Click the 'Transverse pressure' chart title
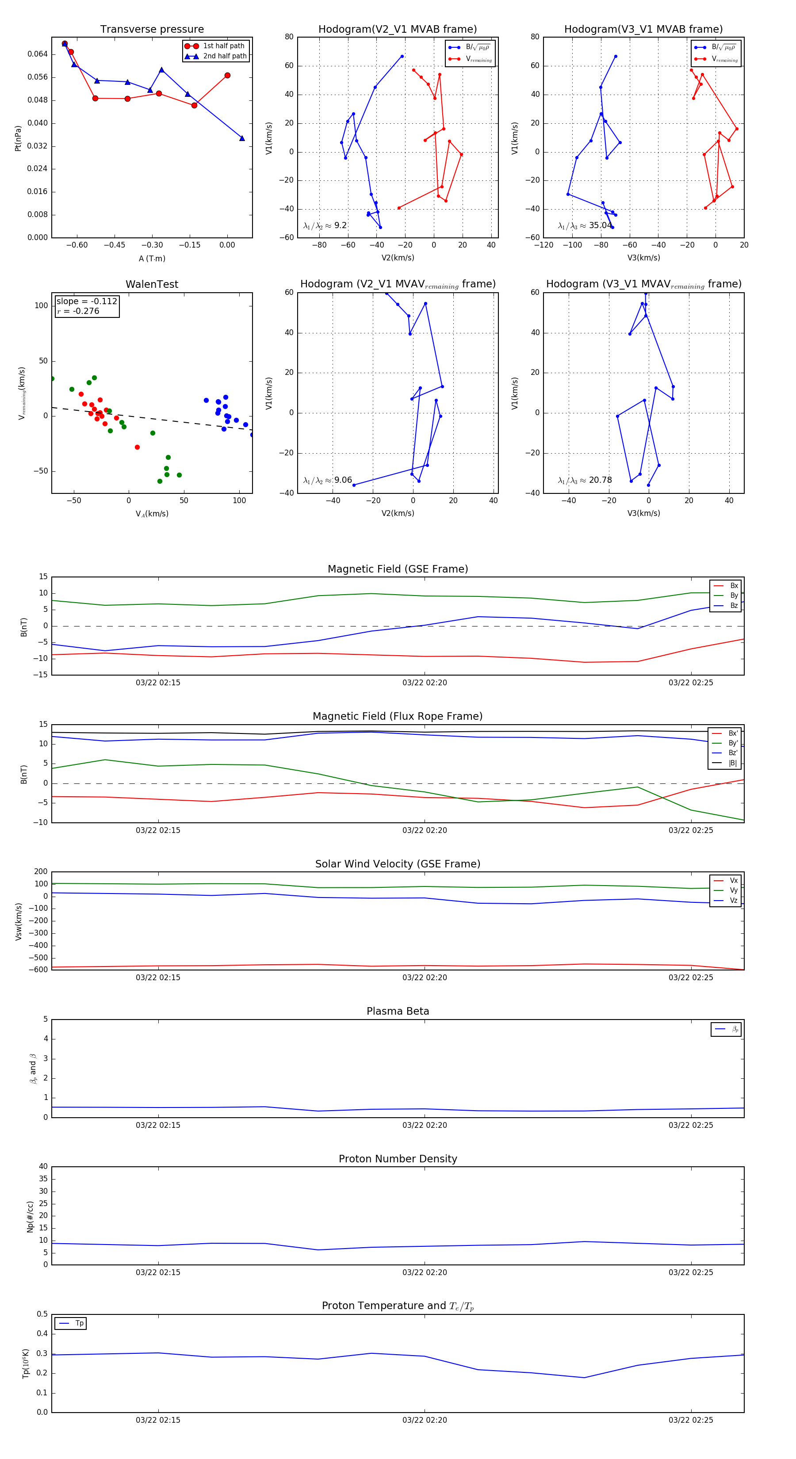click(152, 30)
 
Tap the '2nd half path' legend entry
click(224, 56)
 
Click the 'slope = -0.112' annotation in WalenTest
click(87, 302)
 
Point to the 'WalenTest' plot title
click(152, 284)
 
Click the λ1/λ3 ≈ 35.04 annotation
click(585, 225)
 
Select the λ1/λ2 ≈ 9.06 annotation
click(327, 480)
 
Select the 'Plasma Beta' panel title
click(398, 1011)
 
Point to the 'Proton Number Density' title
click(398, 1158)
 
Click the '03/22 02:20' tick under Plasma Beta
click(425, 1125)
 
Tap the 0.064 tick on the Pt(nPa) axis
click(38, 54)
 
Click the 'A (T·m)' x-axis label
click(152, 258)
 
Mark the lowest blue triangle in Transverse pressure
click(242, 138)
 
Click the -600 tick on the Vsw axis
click(40, 969)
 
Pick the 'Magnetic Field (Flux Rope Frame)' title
click(398, 717)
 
